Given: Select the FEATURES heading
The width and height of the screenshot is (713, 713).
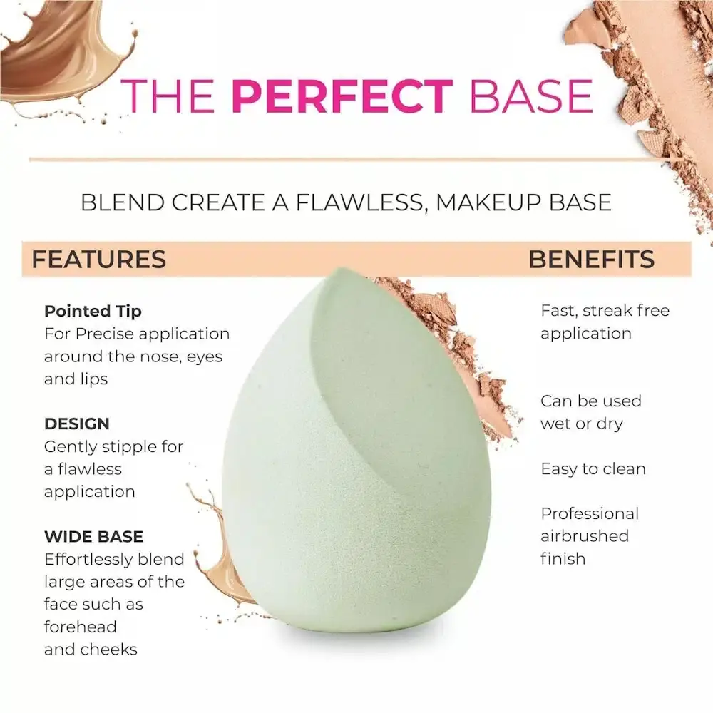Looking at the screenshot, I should tap(98, 260).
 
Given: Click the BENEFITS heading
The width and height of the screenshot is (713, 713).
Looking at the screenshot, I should tap(591, 260).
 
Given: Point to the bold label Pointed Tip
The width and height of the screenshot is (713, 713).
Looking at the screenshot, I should tap(93, 311).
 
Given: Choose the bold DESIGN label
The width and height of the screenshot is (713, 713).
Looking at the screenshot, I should tap(77, 424).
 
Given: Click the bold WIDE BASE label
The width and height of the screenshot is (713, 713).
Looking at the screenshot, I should tap(93, 536).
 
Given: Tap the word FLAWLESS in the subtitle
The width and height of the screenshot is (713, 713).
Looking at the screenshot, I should tap(354, 202).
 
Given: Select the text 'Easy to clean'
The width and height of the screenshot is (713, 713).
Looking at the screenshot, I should tap(593, 468).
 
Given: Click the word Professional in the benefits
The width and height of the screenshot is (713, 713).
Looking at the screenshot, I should tap(589, 513).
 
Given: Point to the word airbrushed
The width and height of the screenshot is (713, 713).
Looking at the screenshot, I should tap(584, 536).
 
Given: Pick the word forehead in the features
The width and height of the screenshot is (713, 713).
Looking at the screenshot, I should tap(80, 627).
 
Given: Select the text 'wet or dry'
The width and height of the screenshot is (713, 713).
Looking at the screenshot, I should tap(581, 424).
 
